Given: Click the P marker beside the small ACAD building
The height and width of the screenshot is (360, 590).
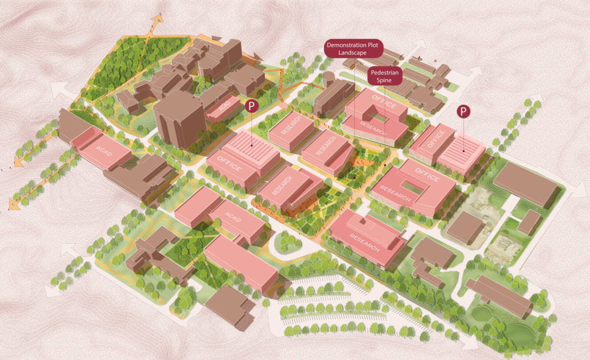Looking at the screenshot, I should point(252,107).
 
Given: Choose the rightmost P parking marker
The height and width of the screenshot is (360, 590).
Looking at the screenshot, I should point(464,111).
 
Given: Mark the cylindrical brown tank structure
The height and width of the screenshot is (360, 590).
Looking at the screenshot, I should point(327,78).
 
